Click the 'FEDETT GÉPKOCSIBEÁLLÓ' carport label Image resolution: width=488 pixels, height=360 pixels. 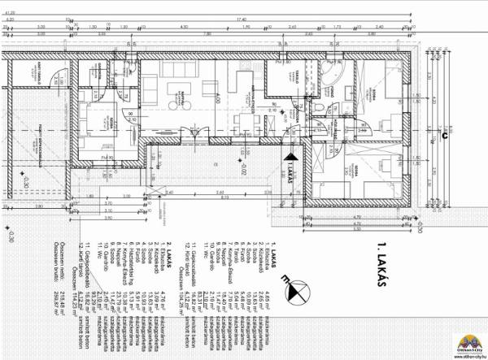tap(40, 134)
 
